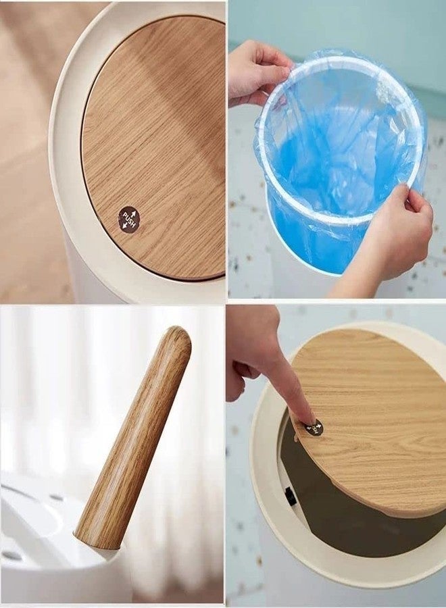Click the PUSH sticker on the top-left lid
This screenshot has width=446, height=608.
pyautogui.click(x=128, y=219)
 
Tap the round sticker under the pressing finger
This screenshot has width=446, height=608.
pyautogui.click(x=314, y=428)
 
